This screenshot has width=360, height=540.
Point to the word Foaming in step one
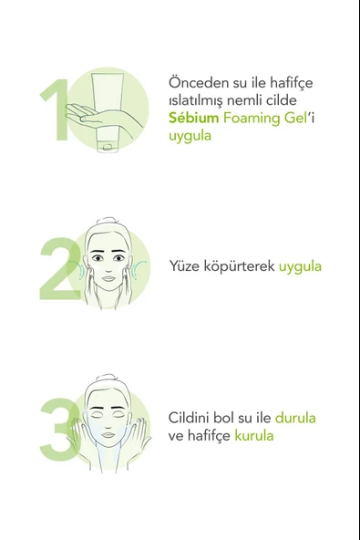coord(248,118)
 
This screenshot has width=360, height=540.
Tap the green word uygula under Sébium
coord(190,135)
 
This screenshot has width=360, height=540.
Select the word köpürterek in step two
coord(241,266)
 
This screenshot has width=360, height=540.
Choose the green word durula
coord(295,418)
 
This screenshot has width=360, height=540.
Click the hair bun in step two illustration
coord(108,222)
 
